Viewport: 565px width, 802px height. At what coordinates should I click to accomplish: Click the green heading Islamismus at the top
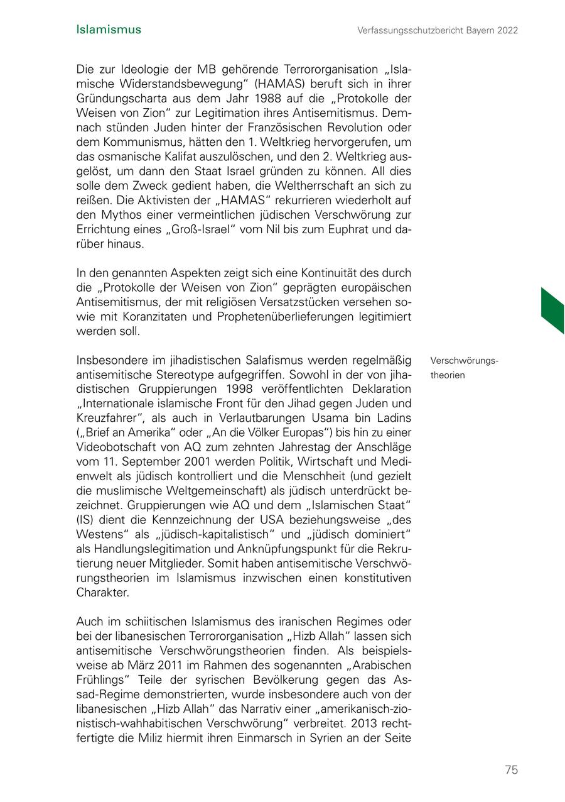tap(109, 30)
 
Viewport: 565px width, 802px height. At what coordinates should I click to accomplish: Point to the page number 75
tap(511, 770)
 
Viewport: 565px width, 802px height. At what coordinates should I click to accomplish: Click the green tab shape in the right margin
tap(552, 310)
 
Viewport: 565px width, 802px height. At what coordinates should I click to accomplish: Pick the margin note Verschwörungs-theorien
tap(465, 368)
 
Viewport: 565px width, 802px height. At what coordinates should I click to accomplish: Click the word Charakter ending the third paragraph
tap(102, 592)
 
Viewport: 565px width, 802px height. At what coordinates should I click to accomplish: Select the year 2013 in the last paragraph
tap(367, 723)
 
